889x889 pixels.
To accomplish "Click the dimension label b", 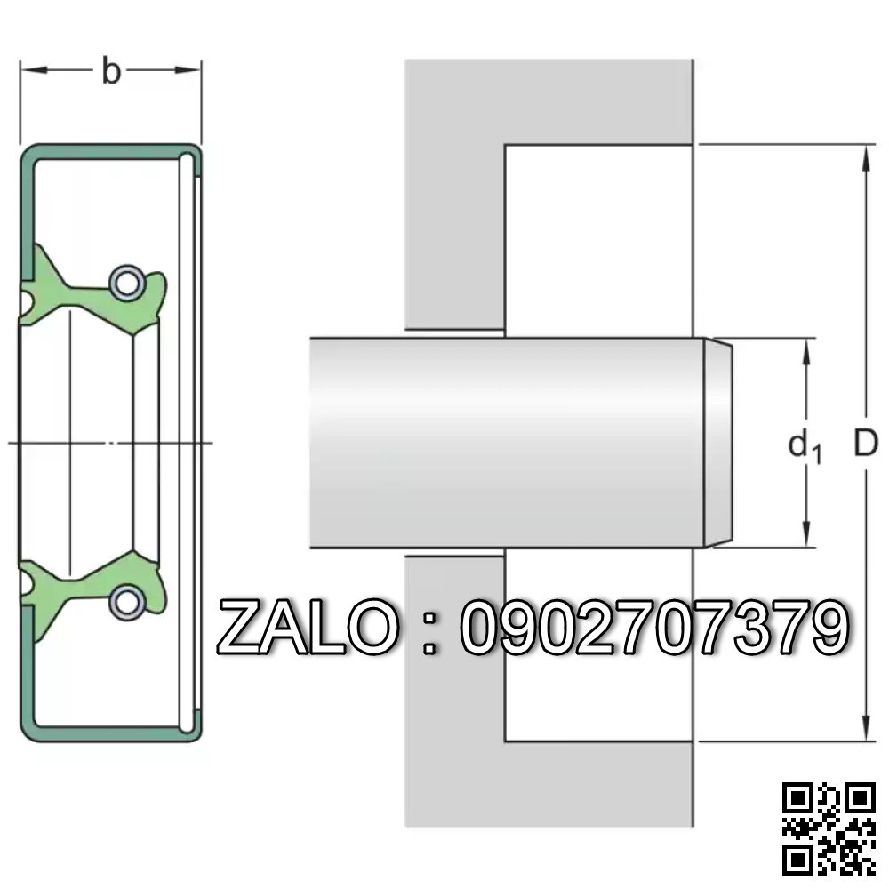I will click(110, 70).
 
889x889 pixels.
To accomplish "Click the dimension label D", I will click(865, 442).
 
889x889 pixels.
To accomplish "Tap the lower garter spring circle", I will click(125, 602).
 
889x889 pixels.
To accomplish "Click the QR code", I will click(829, 829).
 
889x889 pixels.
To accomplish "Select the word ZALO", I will click(308, 629).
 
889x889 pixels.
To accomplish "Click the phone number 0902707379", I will click(653, 629).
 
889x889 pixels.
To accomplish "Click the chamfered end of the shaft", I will click(721, 443).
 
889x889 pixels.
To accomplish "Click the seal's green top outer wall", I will click(107, 149).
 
